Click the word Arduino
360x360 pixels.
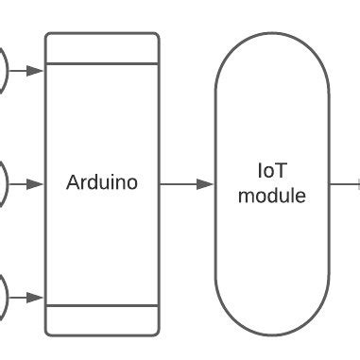coord(102,182)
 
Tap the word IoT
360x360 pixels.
coord(272,171)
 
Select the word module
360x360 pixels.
coord(272,196)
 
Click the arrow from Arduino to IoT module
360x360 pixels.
coord(187,183)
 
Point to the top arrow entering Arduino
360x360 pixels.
coord(27,70)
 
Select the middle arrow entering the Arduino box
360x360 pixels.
coord(27,183)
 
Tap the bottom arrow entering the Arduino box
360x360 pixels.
coord(27,297)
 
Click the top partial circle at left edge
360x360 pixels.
coord(3,70)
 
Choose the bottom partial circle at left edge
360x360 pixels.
coord(3,297)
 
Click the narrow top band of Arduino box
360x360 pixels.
coord(102,48)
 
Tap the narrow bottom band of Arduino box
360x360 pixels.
coord(102,319)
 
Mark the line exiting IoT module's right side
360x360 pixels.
coord(344,183)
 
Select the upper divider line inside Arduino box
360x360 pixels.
coord(102,63)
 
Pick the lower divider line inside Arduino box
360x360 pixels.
coord(102,305)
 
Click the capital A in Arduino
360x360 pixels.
coord(72,182)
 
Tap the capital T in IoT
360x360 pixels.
coord(282,171)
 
